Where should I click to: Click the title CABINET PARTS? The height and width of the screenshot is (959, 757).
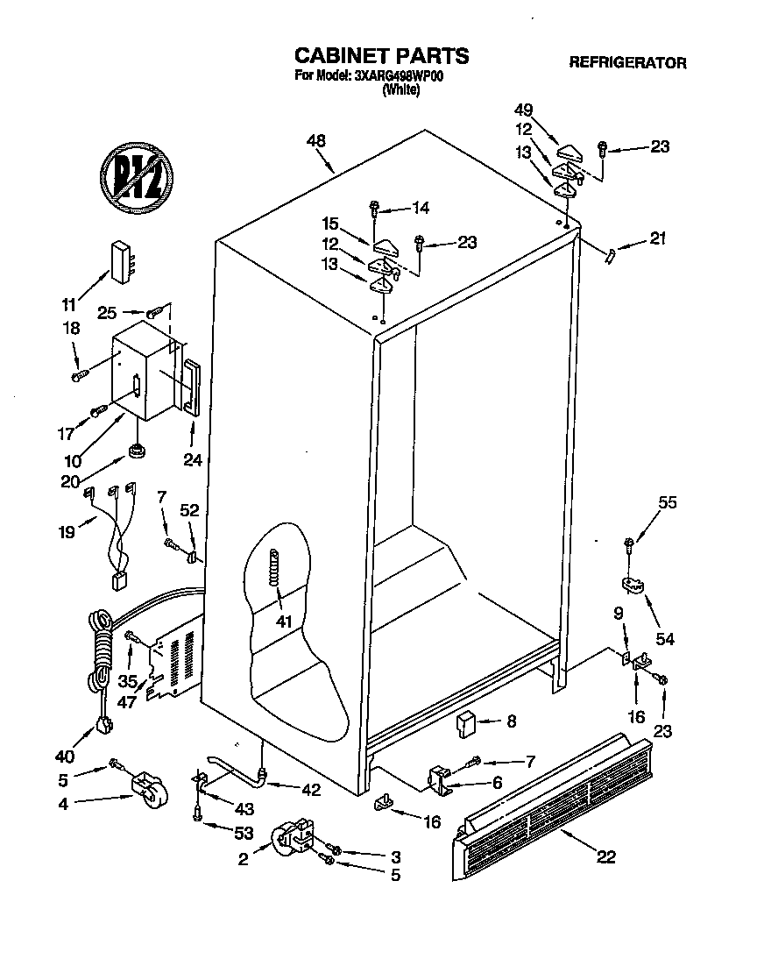coord(380,55)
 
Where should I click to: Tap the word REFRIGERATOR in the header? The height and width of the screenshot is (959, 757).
coord(627,63)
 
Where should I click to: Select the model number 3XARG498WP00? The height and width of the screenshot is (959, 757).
coord(400,76)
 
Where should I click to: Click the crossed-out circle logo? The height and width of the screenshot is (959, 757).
coord(137,172)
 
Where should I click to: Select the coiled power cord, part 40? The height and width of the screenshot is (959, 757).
coord(102,657)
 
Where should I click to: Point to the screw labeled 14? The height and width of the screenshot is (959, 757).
coord(375,209)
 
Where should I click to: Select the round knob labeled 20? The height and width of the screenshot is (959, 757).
coord(135,451)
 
